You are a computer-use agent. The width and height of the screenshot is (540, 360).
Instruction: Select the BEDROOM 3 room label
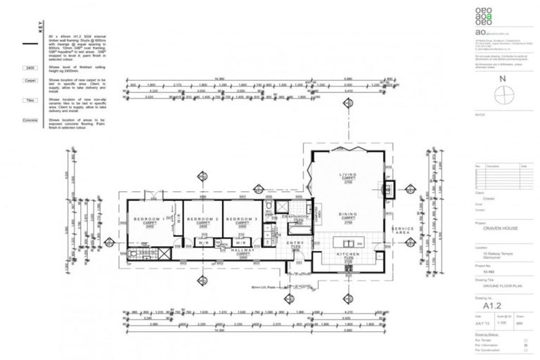coord(242,219)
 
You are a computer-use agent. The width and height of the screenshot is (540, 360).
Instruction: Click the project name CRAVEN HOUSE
coord(499,229)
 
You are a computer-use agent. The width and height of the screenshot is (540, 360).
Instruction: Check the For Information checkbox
coord(526,347)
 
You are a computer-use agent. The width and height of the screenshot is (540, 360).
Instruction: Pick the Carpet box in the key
coord(30,81)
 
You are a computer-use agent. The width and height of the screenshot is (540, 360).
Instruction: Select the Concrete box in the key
coord(30,121)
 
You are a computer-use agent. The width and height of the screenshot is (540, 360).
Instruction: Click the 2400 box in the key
coord(30,68)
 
